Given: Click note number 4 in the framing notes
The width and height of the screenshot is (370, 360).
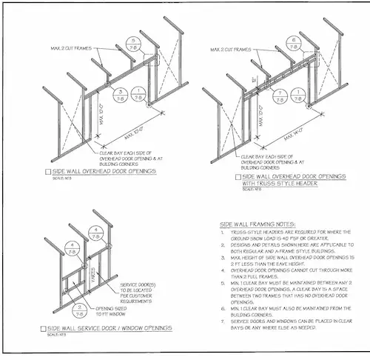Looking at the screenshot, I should click(223, 273).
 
